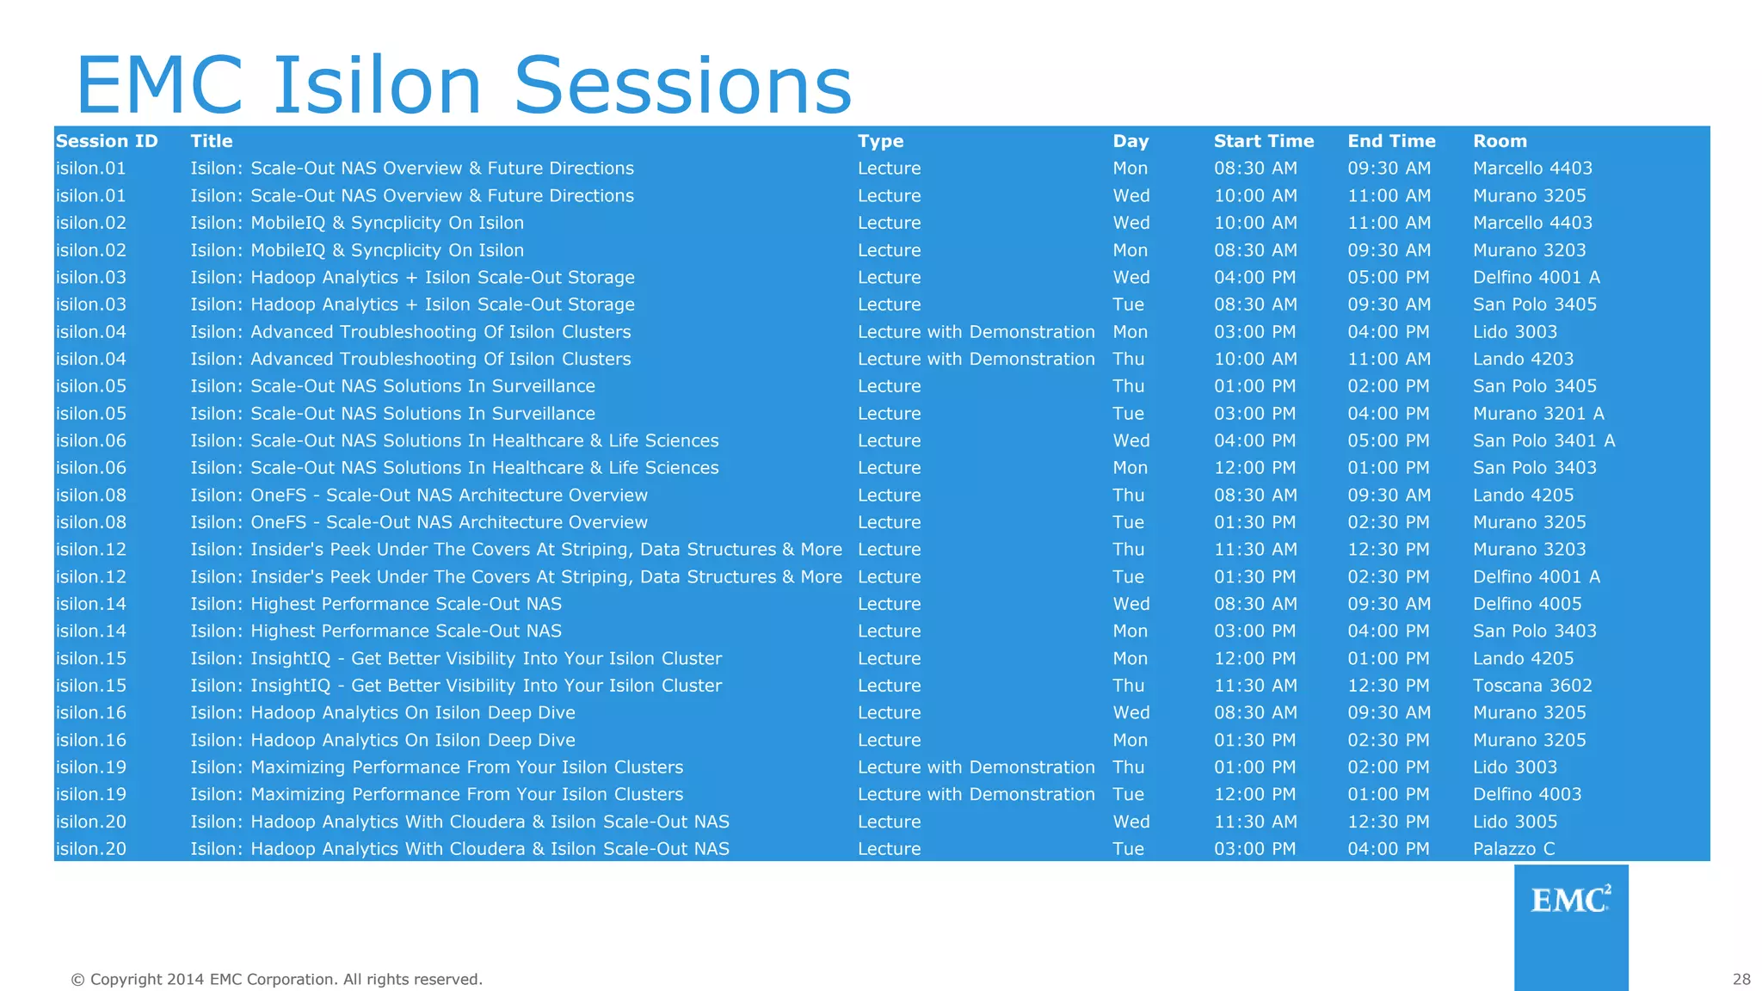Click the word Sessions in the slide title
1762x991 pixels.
tap(682, 85)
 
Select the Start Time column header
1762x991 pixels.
tap(1263, 141)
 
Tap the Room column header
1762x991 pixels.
tap(1500, 141)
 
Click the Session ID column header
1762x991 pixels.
tap(107, 141)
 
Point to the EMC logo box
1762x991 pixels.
tap(1570, 926)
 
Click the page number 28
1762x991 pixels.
tap(1741, 979)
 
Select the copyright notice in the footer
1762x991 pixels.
tap(276, 979)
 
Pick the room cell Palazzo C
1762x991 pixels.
tap(1513, 849)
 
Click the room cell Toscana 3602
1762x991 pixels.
tap(1532, 686)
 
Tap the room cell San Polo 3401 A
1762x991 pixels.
tap(1543, 440)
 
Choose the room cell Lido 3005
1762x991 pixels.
tap(1515, 822)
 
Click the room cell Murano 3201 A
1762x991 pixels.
tap(1538, 414)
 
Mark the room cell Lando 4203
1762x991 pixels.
tap(1523, 359)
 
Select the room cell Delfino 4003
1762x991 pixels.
tap(1527, 794)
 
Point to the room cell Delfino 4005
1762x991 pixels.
tap(1527, 604)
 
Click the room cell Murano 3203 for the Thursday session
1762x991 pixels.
tap(1529, 550)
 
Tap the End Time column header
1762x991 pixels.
tap(1391, 141)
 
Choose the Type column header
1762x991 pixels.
tap(880, 141)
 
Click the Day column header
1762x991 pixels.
tap(1131, 141)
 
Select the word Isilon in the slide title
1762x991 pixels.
tap(377, 85)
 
